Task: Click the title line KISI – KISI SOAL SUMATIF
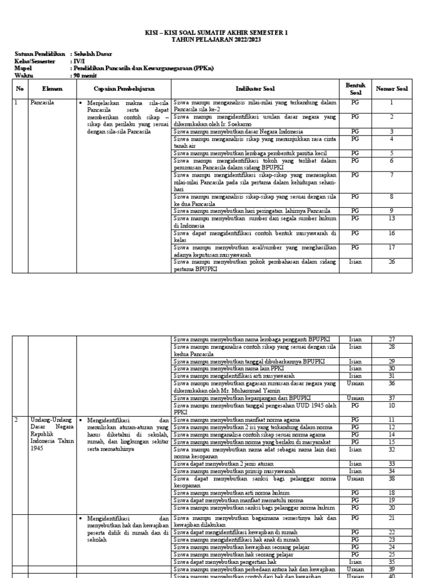216,34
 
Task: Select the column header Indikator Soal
256,89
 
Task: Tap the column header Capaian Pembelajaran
123,89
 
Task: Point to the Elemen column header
52,89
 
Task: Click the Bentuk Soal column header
355,89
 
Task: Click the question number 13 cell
391,218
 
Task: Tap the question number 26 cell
391,261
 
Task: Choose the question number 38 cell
391,478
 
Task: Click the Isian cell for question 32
355,450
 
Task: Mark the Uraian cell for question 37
355,397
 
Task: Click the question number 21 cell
391,518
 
